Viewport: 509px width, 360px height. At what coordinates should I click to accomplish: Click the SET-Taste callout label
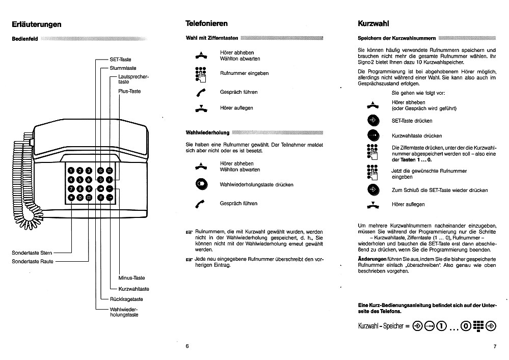point(120,60)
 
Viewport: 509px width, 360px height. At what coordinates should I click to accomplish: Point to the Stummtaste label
point(123,68)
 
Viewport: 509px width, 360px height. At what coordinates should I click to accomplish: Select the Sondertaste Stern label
point(32,253)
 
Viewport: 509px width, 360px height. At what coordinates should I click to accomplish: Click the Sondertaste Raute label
point(33,261)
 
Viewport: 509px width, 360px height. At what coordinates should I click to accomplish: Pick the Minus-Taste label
point(131,278)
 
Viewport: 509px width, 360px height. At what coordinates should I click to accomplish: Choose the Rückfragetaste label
point(126,299)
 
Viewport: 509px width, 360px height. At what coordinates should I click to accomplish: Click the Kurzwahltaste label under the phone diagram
point(133,289)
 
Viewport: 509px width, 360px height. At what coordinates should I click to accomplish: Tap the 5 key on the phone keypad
point(80,179)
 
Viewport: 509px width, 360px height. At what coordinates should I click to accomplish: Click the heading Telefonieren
point(206,23)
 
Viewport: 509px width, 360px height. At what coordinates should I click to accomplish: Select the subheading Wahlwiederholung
point(207,133)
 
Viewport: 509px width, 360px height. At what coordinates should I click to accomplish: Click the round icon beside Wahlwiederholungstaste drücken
point(201,185)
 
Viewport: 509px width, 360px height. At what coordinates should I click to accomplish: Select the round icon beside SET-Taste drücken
point(373,121)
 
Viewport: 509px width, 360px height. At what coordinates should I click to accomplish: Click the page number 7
point(494,347)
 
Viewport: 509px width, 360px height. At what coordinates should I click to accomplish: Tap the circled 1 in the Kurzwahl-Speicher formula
point(441,326)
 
